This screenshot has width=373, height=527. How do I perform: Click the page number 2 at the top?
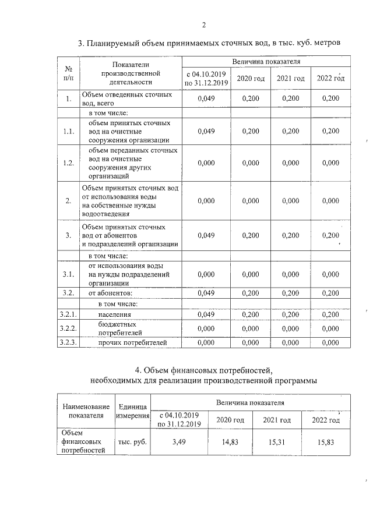pos(203,24)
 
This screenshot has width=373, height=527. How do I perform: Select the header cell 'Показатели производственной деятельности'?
pos(131,73)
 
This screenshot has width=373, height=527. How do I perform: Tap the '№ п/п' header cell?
pos(68,73)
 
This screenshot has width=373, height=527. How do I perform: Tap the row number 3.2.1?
pos(68,314)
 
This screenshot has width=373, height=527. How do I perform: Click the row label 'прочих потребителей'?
pos(132,342)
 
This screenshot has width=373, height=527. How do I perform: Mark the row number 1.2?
pos(68,163)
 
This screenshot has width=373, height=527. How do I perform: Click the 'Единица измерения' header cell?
pos(133,411)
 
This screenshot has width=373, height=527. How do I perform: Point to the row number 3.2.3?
pos(68,342)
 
